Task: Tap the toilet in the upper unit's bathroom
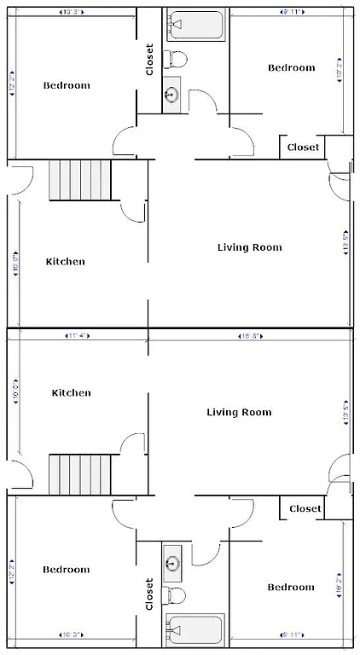pyautogui.click(x=178, y=59)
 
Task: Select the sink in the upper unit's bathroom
pyautogui.click(x=171, y=94)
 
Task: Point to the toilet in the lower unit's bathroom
pyautogui.click(x=177, y=594)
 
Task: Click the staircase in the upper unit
pyautogui.click(x=80, y=179)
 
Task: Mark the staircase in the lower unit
pyautogui.click(x=80, y=474)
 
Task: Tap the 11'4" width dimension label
pyautogui.click(x=78, y=336)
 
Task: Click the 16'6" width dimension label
pyautogui.click(x=248, y=336)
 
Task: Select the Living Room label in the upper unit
pyautogui.click(x=249, y=247)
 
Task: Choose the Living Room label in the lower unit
pyautogui.click(x=239, y=412)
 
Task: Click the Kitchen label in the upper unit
pyautogui.click(x=65, y=262)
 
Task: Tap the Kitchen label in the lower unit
pyautogui.click(x=71, y=393)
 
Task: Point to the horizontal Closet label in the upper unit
pyautogui.click(x=303, y=148)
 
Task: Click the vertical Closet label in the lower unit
pyautogui.click(x=149, y=594)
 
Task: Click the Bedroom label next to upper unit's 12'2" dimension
pyautogui.click(x=67, y=85)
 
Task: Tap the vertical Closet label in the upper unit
pyautogui.click(x=150, y=60)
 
